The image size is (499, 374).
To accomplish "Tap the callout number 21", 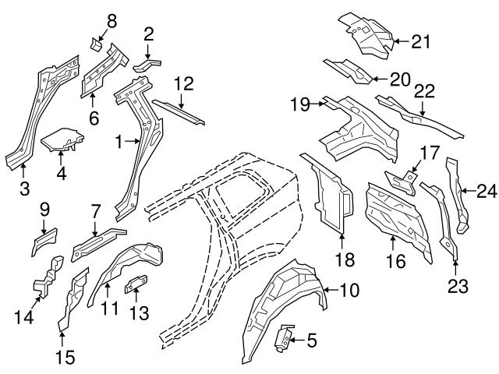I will click(421, 41).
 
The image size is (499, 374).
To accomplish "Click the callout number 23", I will click(458, 285).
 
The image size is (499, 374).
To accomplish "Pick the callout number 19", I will click(300, 102).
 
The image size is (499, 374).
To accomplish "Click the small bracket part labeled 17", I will click(402, 183).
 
